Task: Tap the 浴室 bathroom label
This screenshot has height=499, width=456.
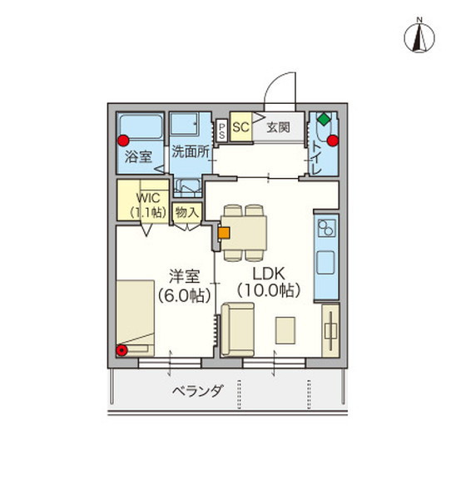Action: coord(137,155)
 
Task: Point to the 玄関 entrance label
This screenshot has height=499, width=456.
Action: coord(279,128)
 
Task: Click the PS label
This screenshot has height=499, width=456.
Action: coord(222,130)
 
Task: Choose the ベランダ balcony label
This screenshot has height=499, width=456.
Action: coord(197,391)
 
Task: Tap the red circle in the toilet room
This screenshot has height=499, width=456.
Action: coord(333,140)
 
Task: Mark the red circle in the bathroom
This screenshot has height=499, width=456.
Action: coord(124,140)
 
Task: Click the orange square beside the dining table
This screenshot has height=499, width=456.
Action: coord(223,233)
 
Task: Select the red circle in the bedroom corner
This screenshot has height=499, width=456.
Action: coord(123,350)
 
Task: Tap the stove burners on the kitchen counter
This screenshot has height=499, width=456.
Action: coord(325,226)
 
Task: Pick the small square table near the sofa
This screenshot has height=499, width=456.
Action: coord(285,328)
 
